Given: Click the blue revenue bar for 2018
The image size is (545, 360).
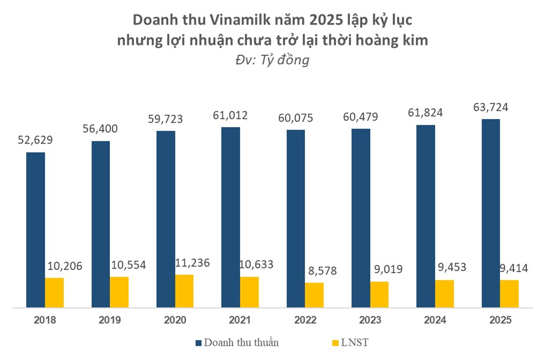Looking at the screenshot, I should (x=35, y=230).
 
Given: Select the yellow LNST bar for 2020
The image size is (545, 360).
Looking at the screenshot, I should (x=184, y=291).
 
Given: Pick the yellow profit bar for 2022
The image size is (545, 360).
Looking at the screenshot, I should (x=314, y=295).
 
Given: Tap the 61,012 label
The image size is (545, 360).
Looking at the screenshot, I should (x=231, y=116).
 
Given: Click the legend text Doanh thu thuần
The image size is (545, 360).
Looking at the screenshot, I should (x=241, y=342).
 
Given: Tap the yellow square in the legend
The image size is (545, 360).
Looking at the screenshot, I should (x=335, y=342).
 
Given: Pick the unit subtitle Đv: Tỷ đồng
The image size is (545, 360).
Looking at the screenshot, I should (x=272, y=60).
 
